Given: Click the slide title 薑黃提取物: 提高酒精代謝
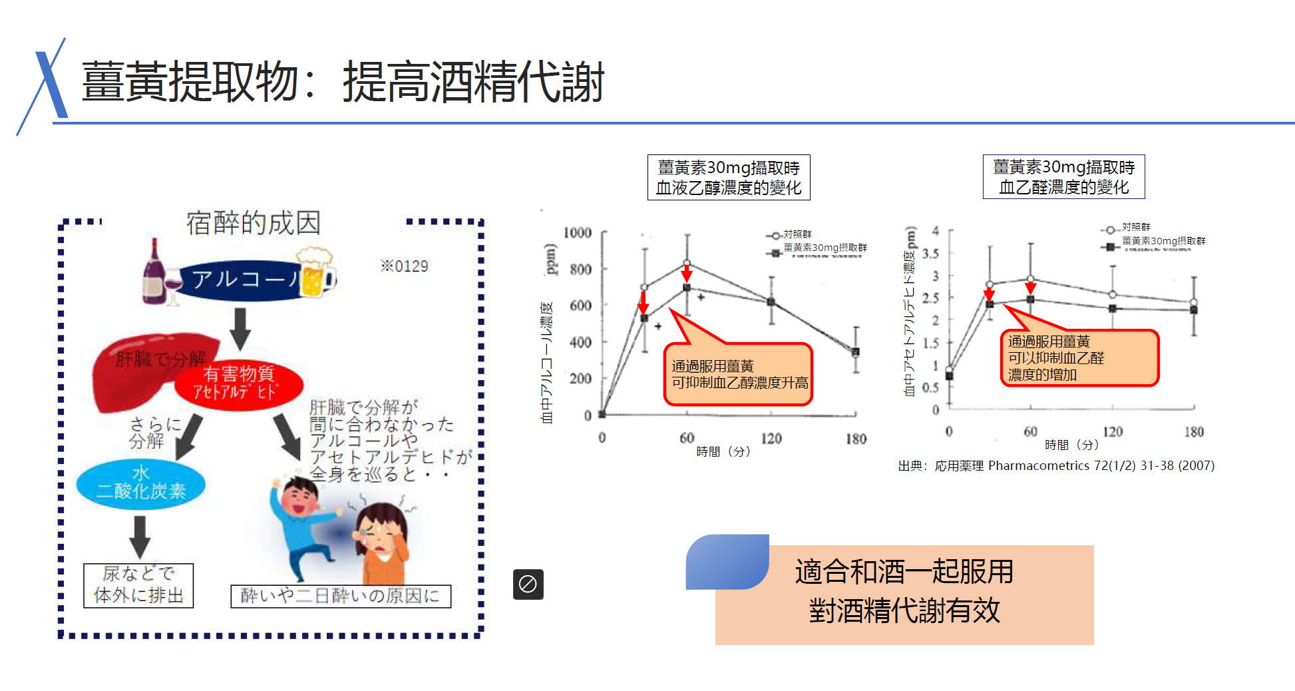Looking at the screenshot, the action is (x=342, y=82).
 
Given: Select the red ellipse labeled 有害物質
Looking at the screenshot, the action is (x=239, y=383).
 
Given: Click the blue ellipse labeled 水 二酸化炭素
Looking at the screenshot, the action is (x=140, y=483).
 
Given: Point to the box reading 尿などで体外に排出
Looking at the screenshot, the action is (x=138, y=584).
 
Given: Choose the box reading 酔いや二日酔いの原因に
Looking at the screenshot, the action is (x=340, y=595).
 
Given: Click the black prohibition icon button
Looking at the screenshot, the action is (x=528, y=584).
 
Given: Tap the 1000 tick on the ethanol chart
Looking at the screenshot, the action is (x=577, y=232).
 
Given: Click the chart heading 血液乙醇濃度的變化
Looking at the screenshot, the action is (x=729, y=178).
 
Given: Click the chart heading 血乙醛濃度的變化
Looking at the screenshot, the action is (x=1063, y=177).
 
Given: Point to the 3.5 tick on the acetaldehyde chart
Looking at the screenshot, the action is (x=930, y=254).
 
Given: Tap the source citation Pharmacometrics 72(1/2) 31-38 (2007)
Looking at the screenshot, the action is (x=1056, y=465).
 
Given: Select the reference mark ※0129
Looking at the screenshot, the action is (x=404, y=266).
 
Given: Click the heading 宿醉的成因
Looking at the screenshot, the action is (x=253, y=223).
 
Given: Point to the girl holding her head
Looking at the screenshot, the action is (x=383, y=543).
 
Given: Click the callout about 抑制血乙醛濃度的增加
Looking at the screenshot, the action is (x=1079, y=358).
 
